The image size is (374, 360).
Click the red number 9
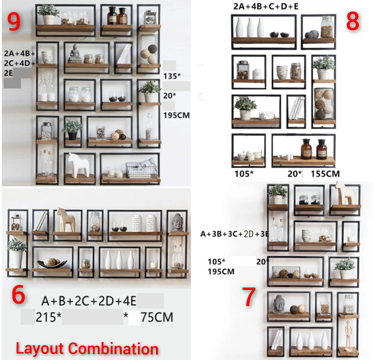(14, 22)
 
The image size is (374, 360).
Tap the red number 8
(352, 22)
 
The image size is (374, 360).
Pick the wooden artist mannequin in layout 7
(348, 335)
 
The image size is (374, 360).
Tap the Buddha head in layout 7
(279, 304)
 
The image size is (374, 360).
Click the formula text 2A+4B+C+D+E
(266, 6)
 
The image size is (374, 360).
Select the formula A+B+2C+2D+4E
(89, 301)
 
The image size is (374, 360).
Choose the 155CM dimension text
(325, 174)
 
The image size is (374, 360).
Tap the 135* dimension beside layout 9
(172, 76)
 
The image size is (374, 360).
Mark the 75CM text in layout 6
(157, 317)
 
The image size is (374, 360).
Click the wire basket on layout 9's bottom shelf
(141, 170)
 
